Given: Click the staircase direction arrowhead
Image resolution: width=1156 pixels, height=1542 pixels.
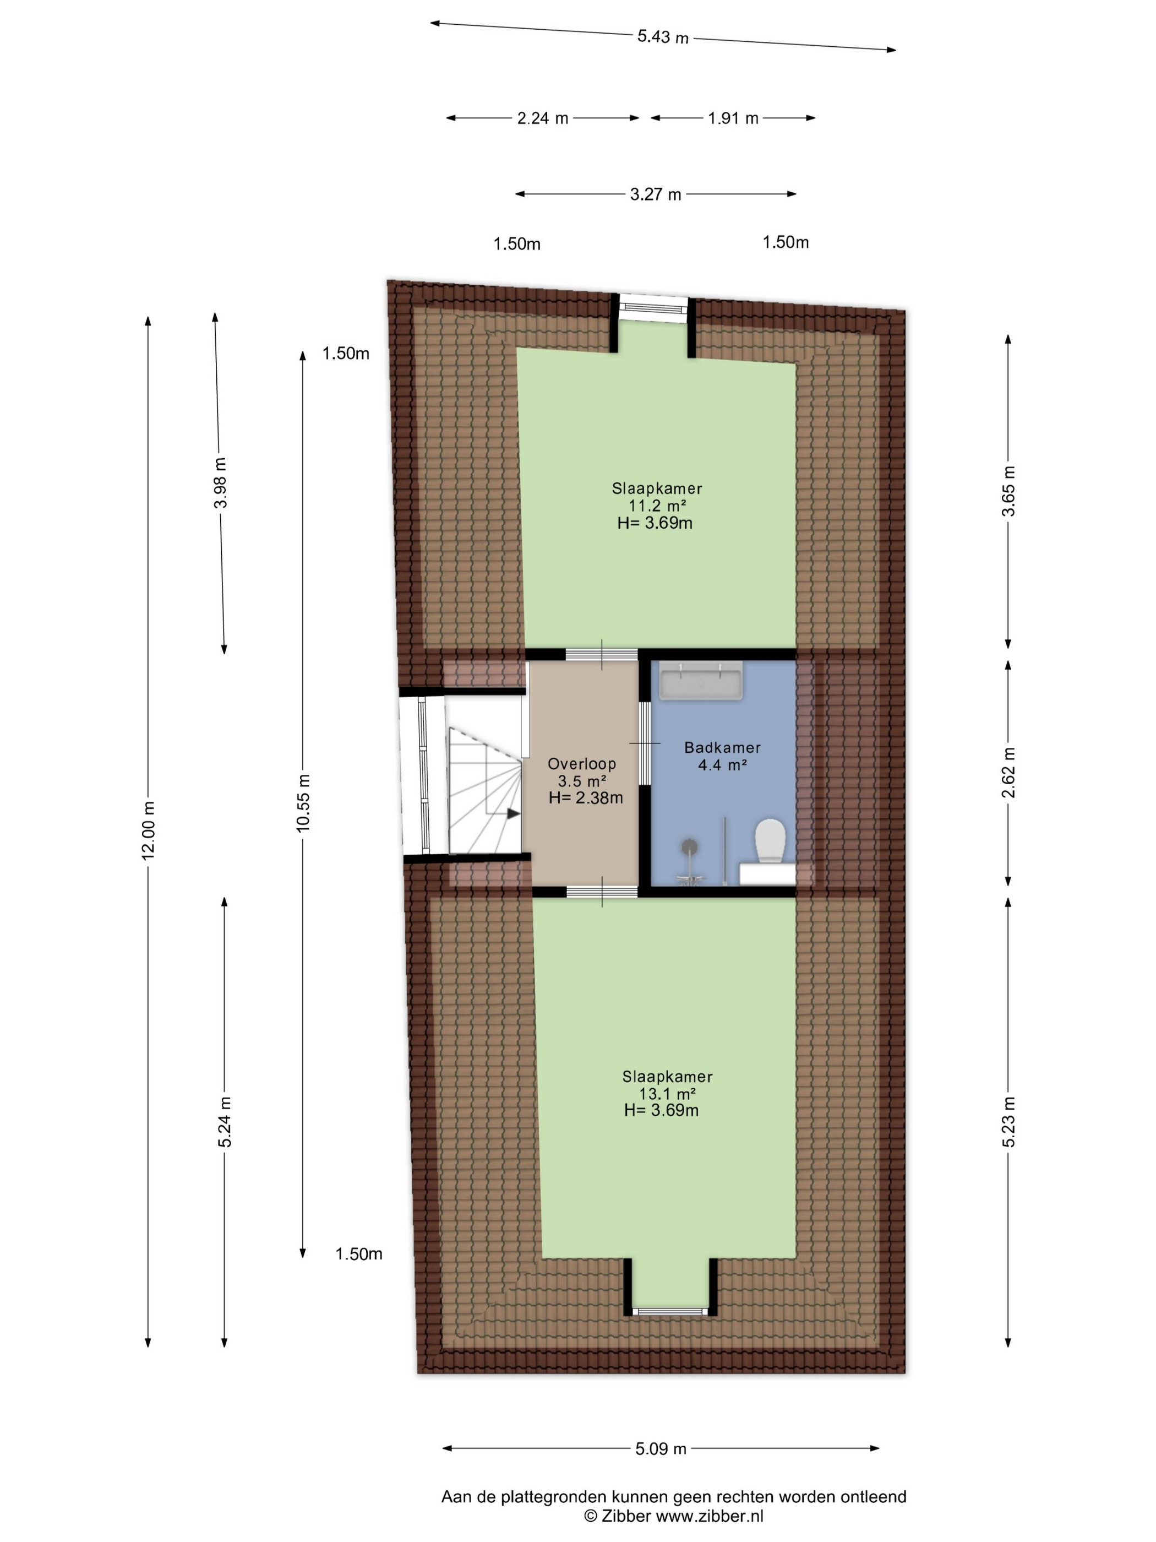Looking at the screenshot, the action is (514, 813).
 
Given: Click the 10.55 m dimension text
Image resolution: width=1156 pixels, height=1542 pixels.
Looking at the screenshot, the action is (302, 802).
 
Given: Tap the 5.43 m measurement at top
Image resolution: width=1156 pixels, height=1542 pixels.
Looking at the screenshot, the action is (663, 37).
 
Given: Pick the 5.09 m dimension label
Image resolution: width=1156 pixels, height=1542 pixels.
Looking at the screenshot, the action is (661, 1448).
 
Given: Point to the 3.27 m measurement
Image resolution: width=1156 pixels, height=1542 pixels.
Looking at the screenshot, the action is (655, 194).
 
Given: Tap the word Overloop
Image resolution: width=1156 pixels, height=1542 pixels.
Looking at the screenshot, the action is (582, 763).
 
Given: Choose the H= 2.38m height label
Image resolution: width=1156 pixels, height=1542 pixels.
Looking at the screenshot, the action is (585, 797).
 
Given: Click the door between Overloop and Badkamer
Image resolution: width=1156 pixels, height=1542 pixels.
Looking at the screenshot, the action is (645, 743).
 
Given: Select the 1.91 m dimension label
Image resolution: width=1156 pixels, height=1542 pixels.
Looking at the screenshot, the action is (733, 118).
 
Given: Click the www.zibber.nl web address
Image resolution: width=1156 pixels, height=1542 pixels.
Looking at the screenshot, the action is (710, 1516).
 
